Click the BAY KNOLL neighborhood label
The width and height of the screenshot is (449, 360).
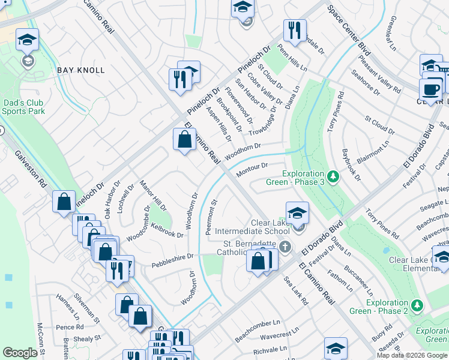point(81,70)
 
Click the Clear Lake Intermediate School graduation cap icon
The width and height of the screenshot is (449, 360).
point(297,214)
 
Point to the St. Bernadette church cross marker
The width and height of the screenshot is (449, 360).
point(285,247)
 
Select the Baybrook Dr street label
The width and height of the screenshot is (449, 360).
point(351,164)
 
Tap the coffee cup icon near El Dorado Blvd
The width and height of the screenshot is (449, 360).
point(430,89)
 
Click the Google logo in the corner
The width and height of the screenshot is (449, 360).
point(20,353)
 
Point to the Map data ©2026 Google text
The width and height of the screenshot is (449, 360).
point(412,355)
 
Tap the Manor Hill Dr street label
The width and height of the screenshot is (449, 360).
point(152,195)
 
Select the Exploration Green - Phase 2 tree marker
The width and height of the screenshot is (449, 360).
point(415,306)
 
